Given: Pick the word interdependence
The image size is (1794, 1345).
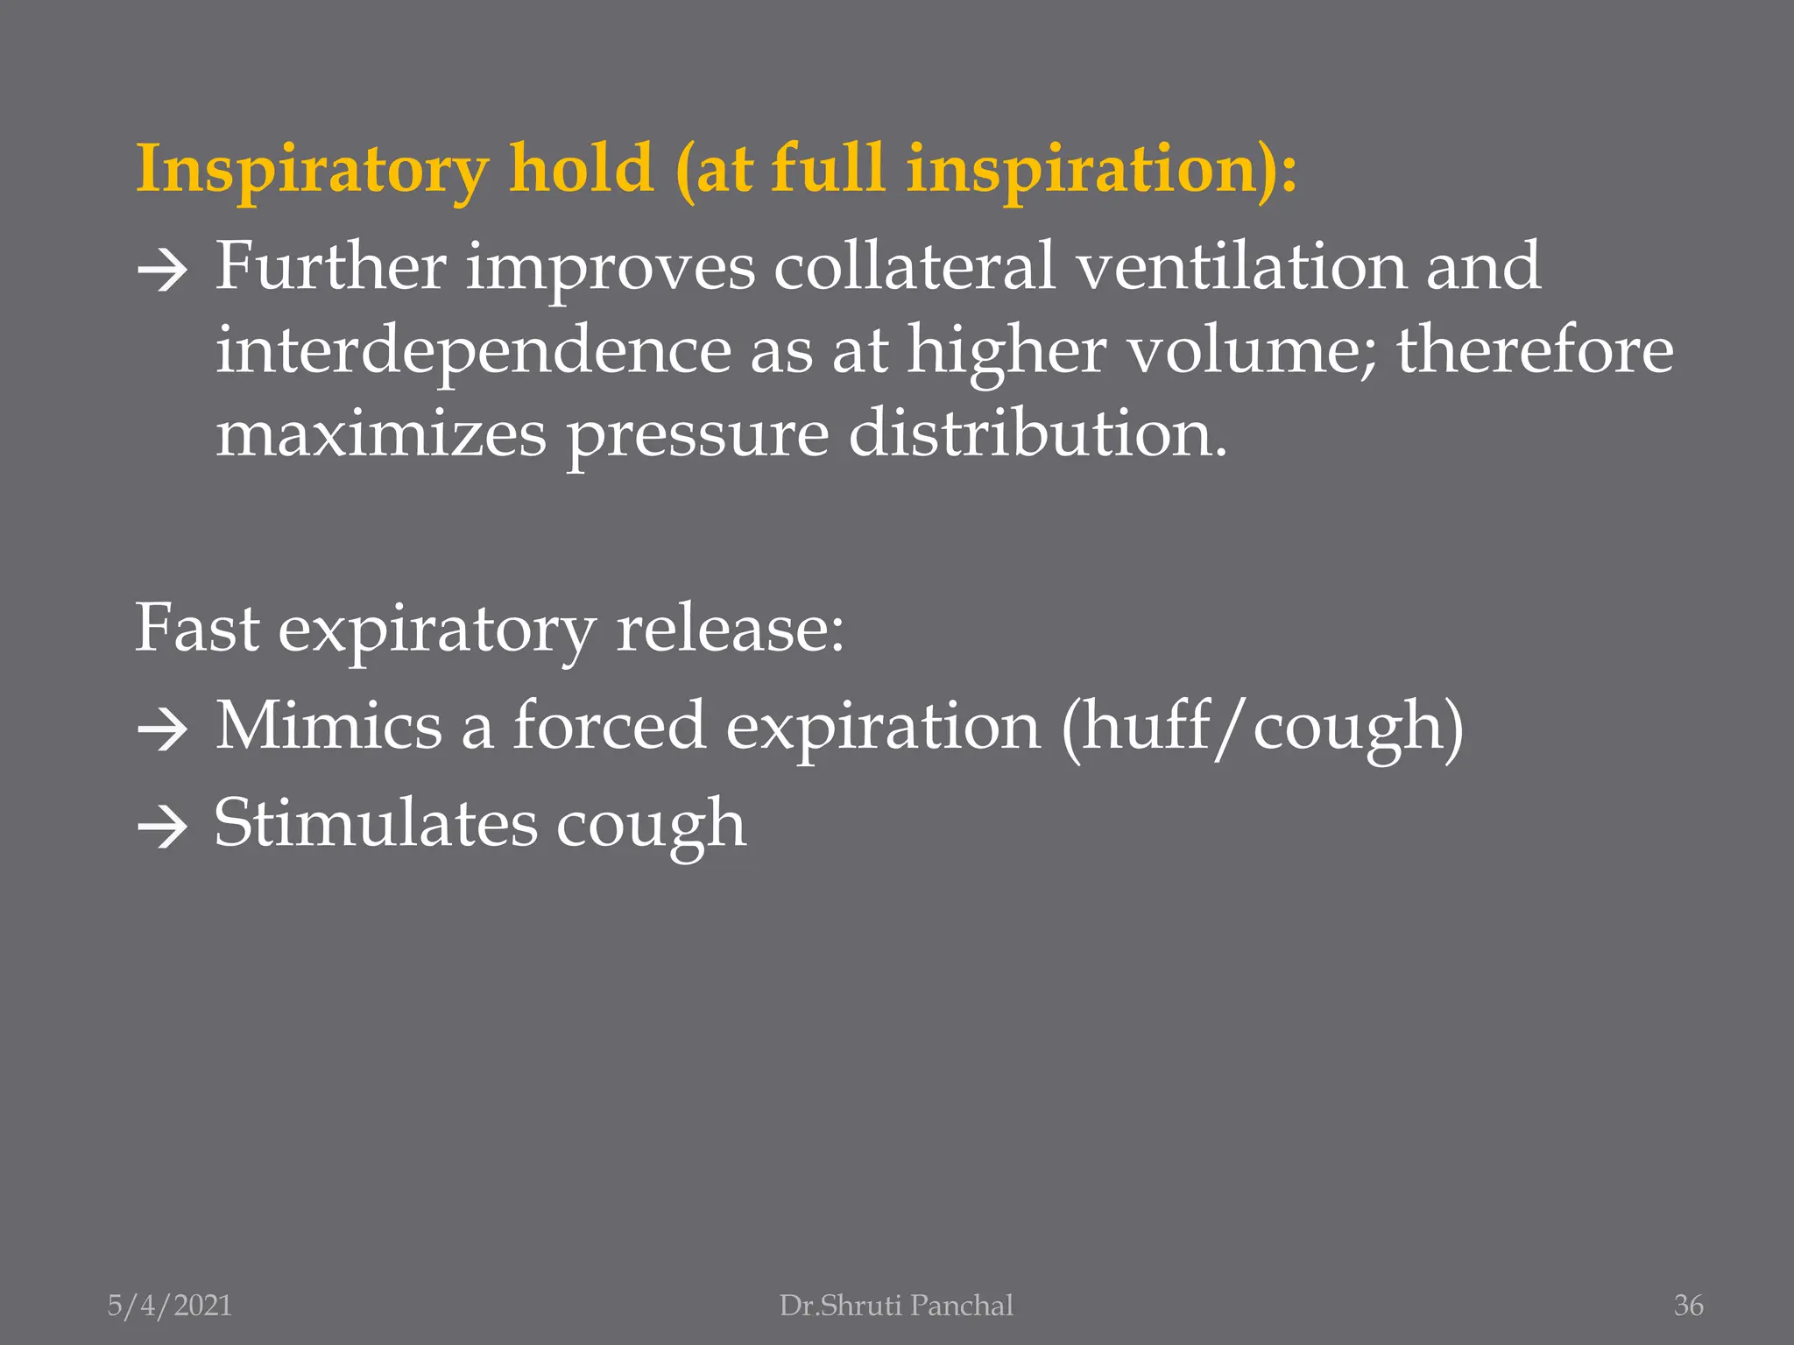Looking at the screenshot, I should [x=473, y=350].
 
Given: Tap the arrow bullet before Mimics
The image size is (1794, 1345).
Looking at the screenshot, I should [x=163, y=729].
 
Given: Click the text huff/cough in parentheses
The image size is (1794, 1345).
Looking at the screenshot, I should [x=1262, y=727].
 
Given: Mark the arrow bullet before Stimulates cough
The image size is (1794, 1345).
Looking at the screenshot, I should [x=163, y=827].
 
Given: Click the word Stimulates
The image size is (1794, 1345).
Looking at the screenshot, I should [x=376, y=823].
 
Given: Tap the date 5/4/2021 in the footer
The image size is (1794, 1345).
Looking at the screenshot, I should [x=170, y=1306].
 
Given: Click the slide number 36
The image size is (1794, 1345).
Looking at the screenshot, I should [x=1688, y=1306].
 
